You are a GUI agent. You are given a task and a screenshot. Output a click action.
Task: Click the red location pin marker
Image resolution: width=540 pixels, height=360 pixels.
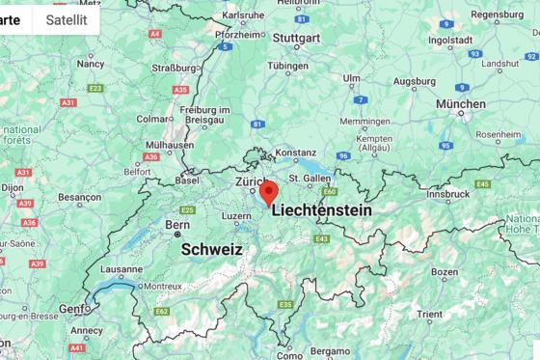269,192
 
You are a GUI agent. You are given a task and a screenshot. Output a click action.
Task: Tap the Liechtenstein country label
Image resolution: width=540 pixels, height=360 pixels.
321,209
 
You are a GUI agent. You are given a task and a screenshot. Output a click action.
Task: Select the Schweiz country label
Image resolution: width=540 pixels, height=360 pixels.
211,248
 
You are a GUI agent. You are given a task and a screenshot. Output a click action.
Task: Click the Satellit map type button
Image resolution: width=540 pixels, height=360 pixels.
66,19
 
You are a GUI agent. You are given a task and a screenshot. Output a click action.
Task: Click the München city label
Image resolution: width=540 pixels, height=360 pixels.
461,103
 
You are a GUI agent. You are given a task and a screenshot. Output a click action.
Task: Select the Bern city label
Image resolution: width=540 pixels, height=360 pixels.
176,225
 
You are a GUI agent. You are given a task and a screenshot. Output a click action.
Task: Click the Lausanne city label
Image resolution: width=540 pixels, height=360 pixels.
121,269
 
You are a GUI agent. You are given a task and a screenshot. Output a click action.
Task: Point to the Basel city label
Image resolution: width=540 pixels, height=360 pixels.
186,180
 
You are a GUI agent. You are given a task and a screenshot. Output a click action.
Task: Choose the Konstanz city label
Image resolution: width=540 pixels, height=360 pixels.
295,152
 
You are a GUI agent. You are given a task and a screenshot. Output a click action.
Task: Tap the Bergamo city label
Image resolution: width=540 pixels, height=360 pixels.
330,350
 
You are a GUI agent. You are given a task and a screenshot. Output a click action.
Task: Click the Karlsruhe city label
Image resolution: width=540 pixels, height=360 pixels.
242,16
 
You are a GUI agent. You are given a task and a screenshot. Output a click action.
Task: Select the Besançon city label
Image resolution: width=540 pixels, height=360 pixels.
79,197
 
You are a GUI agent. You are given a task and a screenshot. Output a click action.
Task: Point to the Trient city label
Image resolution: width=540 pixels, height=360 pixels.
429,314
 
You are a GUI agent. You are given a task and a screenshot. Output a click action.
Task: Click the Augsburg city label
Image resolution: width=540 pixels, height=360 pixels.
414,82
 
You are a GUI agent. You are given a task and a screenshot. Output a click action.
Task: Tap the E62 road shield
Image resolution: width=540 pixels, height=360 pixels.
161,311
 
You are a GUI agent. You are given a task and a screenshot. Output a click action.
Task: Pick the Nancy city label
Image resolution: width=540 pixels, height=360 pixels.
91,64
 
